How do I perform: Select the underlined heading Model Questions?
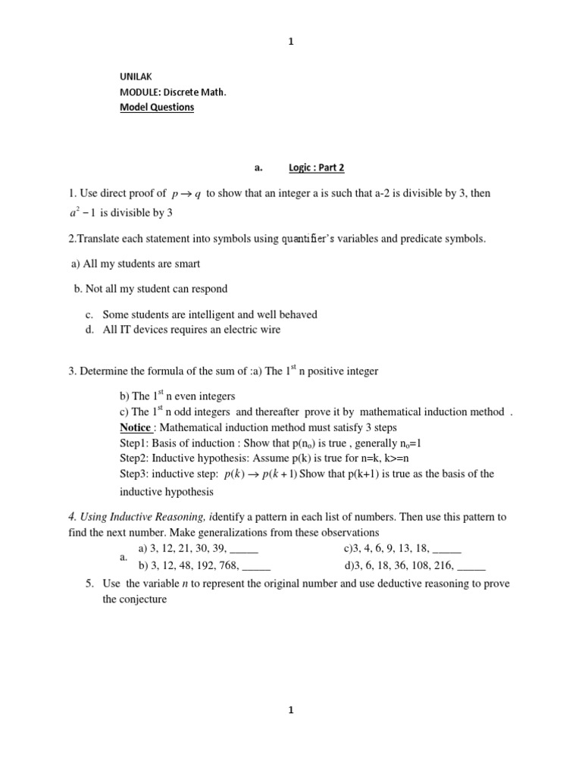pos(157,108)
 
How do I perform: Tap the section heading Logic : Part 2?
pos(316,167)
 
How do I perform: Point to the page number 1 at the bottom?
pos(291,710)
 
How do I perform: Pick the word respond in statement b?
pos(209,289)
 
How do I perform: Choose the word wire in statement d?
pos(271,329)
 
